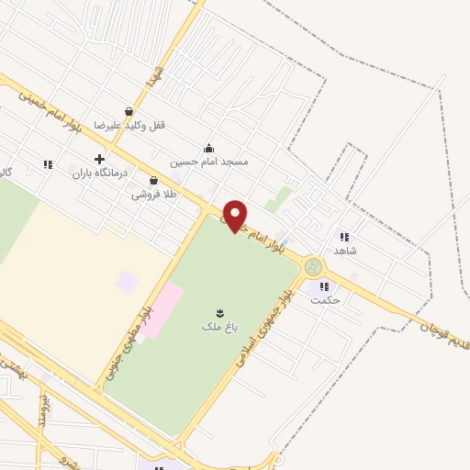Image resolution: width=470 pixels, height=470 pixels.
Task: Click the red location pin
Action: tap(236, 215)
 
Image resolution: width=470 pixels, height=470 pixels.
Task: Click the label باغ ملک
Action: tap(218, 325)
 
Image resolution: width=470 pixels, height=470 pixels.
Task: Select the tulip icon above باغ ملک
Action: tap(219, 311)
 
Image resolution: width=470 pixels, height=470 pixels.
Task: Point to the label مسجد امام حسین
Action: tap(208, 160)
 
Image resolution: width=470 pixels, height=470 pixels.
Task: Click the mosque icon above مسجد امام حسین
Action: tap(208, 147)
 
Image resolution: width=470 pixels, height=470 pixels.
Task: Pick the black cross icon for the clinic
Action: tap(99, 159)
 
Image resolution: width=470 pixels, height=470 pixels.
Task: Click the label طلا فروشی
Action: tap(152, 194)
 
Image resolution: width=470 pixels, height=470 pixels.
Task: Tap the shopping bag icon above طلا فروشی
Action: tap(165, 181)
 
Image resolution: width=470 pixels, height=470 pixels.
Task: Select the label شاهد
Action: tap(344, 250)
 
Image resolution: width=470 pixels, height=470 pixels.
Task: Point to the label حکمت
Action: tap(325, 299)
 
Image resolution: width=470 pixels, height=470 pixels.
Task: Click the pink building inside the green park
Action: tap(167, 308)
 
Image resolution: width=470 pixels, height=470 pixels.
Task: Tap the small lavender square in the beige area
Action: tap(127, 282)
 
